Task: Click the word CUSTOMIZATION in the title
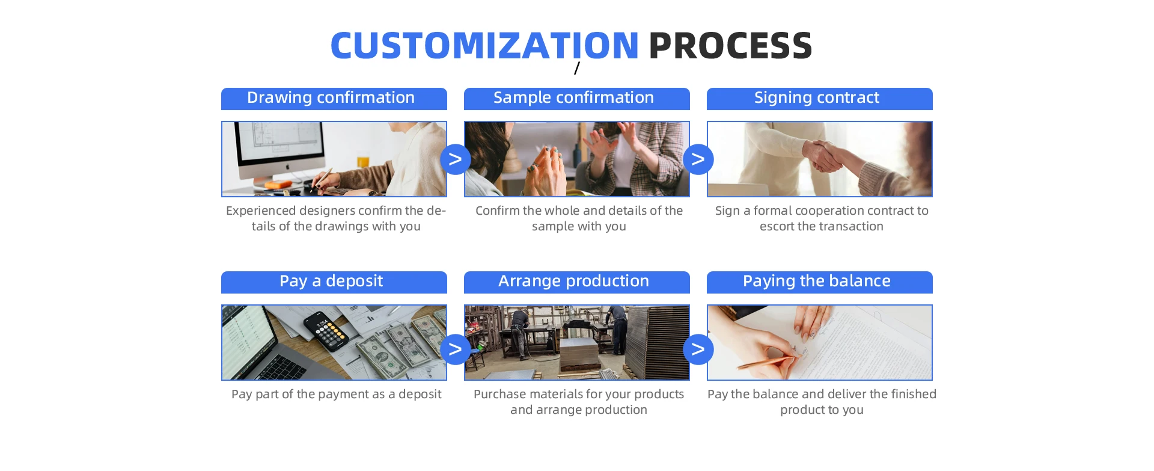coord(484,46)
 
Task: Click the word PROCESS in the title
coord(730,46)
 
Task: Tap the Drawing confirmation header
coord(334,99)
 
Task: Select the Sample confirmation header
coord(577,99)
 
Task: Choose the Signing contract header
coord(820,99)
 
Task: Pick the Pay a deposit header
coord(334,282)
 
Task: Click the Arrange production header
coord(577,282)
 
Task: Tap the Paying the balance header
coord(820,282)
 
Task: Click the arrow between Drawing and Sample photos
coord(456,159)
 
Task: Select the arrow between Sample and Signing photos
coord(698,159)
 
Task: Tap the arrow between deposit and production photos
coord(456,349)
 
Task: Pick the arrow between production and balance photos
coord(698,349)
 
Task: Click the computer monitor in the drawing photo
coord(278,150)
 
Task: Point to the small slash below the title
coord(577,68)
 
